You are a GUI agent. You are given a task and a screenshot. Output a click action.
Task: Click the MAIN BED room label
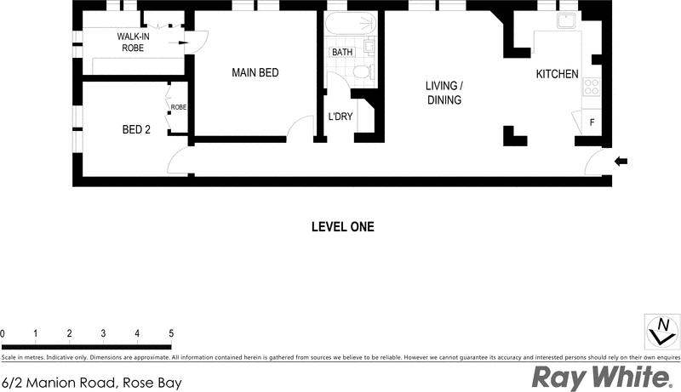point(255,73)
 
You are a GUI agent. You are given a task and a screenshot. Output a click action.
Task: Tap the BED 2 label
point(136,130)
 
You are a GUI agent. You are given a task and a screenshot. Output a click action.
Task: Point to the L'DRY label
point(340,116)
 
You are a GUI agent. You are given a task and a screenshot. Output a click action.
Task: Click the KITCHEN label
point(557,75)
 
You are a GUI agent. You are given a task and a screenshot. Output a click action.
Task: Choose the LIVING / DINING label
point(444,93)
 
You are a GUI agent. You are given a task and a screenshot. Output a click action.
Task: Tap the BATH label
point(341,53)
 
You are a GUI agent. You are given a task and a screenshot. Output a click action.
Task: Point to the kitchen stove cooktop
point(591,85)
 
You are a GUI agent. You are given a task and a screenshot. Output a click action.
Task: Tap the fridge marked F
point(592,122)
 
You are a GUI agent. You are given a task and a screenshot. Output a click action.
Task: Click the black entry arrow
point(621,161)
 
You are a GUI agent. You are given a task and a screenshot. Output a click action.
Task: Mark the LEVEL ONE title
point(340,227)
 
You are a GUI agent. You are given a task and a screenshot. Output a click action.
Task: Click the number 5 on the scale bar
point(171,332)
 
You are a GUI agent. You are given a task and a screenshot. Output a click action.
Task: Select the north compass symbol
point(661,330)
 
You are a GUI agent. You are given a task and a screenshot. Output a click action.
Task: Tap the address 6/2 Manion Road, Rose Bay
point(92,382)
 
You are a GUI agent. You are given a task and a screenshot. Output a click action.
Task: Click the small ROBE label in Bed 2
point(179,108)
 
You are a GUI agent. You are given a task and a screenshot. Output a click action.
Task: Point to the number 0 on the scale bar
point(3,332)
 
